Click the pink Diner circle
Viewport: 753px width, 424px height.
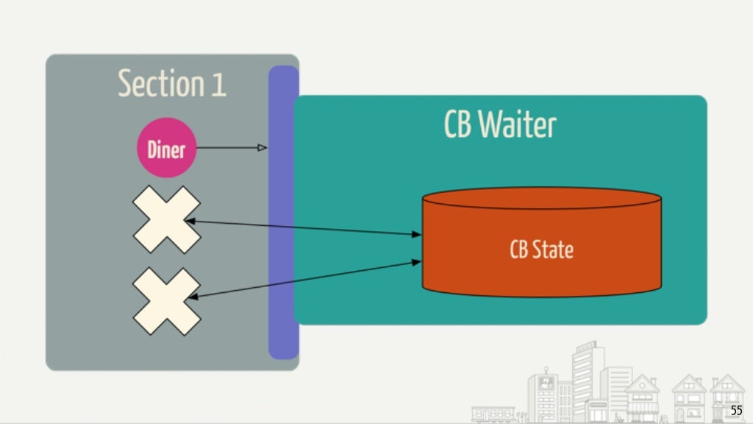[x=166, y=149]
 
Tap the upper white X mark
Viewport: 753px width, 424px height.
[x=166, y=220]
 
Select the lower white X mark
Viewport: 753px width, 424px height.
[x=166, y=301]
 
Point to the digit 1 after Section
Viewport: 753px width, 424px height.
[x=218, y=85]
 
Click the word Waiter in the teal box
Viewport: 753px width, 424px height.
[x=517, y=125]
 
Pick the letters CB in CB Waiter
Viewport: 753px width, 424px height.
[x=457, y=125]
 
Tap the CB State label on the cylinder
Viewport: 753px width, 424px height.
[x=541, y=250]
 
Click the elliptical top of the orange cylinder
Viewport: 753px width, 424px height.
[x=541, y=199]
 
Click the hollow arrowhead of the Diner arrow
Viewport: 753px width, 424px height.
[x=262, y=148]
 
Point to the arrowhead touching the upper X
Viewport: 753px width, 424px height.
[x=190, y=221]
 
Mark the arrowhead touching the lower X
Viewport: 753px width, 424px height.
[x=193, y=297]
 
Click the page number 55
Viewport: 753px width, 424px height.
[x=736, y=411]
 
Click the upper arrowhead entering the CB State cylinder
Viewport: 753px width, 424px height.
[x=417, y=235]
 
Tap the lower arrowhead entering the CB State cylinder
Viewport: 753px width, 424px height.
[x=417, y=261]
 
